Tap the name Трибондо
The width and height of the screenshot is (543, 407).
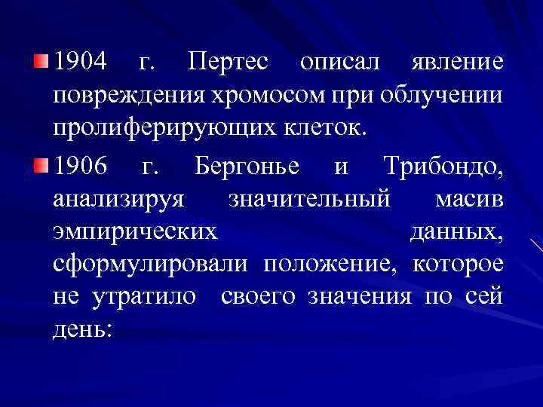tap(442, 165)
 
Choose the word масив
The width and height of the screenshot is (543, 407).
tap(468, 199)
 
